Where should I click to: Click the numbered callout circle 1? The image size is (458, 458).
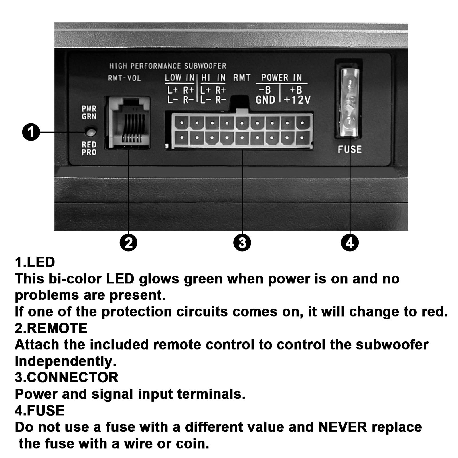pyautogui.click(x=31, y=132)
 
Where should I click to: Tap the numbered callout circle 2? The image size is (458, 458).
pyautogui.click(x=129, y=243)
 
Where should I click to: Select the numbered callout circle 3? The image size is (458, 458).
pyautogui.click(x=242, y=243)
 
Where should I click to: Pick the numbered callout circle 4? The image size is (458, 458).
pyautogui.click(x=350, y=243)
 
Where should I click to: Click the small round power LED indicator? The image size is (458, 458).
pyautogui.click(x=90, y=132)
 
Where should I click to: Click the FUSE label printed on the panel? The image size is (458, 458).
pyautogui.click(x=350, y=149)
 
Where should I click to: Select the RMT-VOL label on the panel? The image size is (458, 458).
pyautogui.click(x=125, y=78)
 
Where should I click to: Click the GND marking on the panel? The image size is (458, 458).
pyautogui.click(x=265, y=100)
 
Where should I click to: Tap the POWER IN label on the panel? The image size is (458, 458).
pyautogui.click(x=281, y=78)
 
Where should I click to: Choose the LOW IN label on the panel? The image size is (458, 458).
pyautogui.click(x=179, y=78)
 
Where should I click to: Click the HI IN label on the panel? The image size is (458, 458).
pyautogui.click(x=213, y=78)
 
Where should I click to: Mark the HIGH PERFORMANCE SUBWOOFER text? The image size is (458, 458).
pyautogui.click(x=168, y=66)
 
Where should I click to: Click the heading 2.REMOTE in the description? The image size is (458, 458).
pyautogui.click(x=51, y=328)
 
